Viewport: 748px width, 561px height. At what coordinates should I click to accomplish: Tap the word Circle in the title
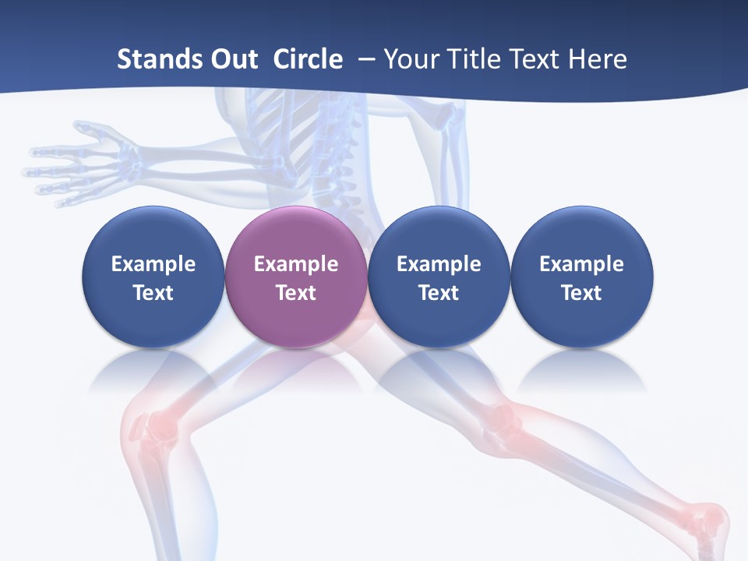point(308,59)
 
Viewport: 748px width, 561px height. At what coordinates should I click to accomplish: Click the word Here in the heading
point(597,59)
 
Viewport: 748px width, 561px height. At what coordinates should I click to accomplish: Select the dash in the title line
point(365,60)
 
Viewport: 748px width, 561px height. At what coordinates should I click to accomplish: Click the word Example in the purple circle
point(296,264)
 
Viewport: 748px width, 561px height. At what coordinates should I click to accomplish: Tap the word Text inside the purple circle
point(296,293)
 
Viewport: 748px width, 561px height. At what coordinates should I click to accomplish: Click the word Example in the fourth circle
point(581,264)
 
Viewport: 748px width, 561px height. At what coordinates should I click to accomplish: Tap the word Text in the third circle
point(439,293)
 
